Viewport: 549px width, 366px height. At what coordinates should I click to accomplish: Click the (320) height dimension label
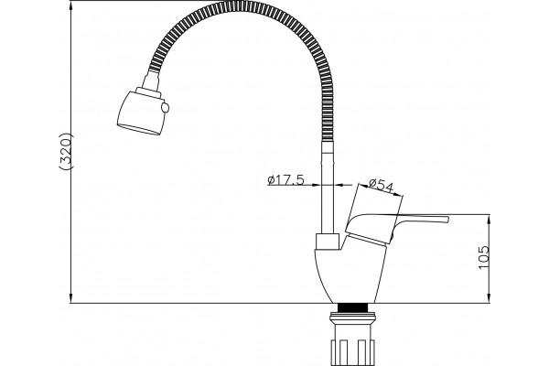click(x=66, y=151)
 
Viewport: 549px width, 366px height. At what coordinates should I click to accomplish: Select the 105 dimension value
click(x=483, y=257)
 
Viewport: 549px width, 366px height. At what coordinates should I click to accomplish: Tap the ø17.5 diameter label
click(x=285, y=180)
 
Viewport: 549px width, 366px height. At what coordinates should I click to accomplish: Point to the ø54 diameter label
click(x=381, y=186)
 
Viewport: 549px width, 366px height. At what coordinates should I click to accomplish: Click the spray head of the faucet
click(x=141, y=113)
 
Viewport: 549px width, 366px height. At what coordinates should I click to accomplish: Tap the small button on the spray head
click(x=165, y=108)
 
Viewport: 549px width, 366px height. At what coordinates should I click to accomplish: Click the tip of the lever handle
click(x=448, y=220)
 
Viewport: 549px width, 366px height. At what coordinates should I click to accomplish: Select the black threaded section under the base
click(x=353, y=307)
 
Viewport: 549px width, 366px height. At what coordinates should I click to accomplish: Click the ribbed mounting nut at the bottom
click(x=352, y=351)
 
